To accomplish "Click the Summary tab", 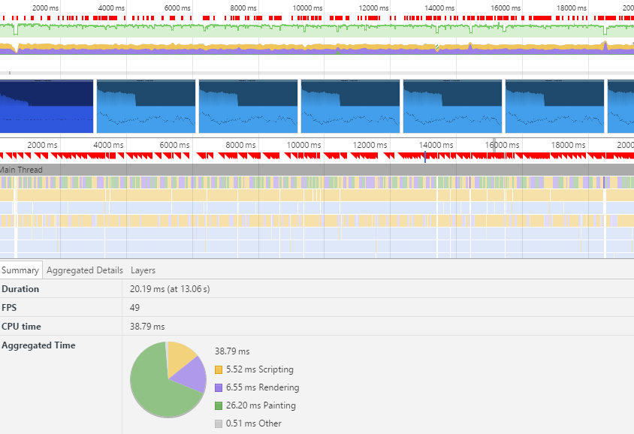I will coord(20,270).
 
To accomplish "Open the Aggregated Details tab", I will coord(85,270).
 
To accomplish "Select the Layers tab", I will coord(143,270).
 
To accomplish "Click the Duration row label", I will coord(20,289).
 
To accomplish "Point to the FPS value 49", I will coord(134,308).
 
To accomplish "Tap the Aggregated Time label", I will coord(38,345).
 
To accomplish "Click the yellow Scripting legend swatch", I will coord(219,369).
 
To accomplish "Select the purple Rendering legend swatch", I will coord(219,387).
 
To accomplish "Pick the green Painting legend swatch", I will coord(219,405).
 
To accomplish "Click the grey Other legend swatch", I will coord(219,423).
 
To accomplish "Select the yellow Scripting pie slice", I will coord(180,356).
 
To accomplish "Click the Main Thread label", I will coord(22,170).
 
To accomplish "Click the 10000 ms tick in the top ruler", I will coord(307,8).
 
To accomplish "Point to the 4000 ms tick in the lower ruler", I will coord(108,145).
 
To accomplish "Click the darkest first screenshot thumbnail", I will coord(47,107).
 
